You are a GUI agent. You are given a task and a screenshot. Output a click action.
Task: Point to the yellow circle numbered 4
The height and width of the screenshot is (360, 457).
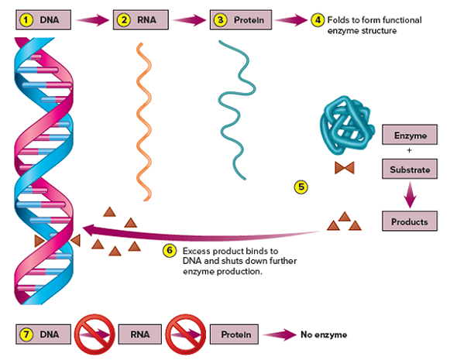[x=317, y=19]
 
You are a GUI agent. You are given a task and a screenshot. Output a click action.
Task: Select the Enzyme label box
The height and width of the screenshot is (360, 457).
[x=409, y=135]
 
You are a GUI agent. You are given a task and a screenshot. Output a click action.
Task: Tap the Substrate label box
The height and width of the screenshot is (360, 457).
[x=409, y=168]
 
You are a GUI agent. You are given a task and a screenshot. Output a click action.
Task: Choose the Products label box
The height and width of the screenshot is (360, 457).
[x=409, y=221]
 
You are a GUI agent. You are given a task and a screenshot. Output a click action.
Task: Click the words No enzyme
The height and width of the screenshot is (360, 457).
[x=324, y=334]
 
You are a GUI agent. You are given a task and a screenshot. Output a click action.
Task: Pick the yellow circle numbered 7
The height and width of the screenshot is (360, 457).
[x=26, y=334]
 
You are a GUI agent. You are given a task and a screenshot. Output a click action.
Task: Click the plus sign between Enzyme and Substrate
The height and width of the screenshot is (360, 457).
[x=409, y=152]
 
